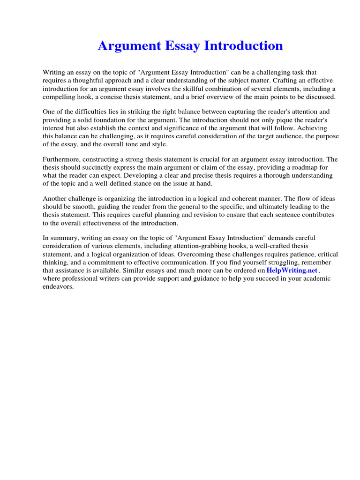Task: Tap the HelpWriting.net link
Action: tap(292, 270)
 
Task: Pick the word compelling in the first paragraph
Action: tap(58, 97)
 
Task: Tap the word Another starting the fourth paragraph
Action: tap(55, 198)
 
